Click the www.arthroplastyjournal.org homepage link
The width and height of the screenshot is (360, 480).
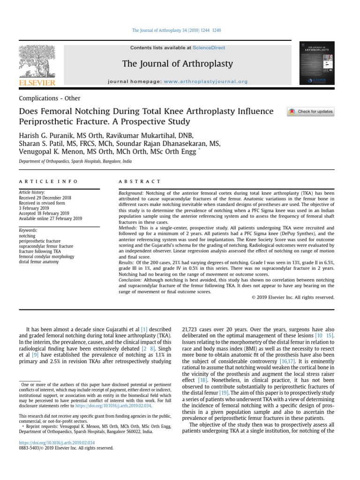(x=206, y=82)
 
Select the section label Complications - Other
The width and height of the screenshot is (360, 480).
(x=49, y=98)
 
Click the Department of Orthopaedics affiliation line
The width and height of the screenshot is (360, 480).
(x=75, y=161)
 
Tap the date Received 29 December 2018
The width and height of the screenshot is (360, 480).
(x=45, y=198)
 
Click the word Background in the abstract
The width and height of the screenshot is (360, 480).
(x=131, y=193)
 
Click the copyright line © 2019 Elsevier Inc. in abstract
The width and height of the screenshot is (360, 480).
(x=292, y=297)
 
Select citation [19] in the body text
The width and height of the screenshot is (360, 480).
(x=224, y=393)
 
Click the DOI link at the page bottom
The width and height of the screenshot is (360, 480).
(x=56, y=442)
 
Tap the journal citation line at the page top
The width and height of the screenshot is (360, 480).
(x=177, y=30)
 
